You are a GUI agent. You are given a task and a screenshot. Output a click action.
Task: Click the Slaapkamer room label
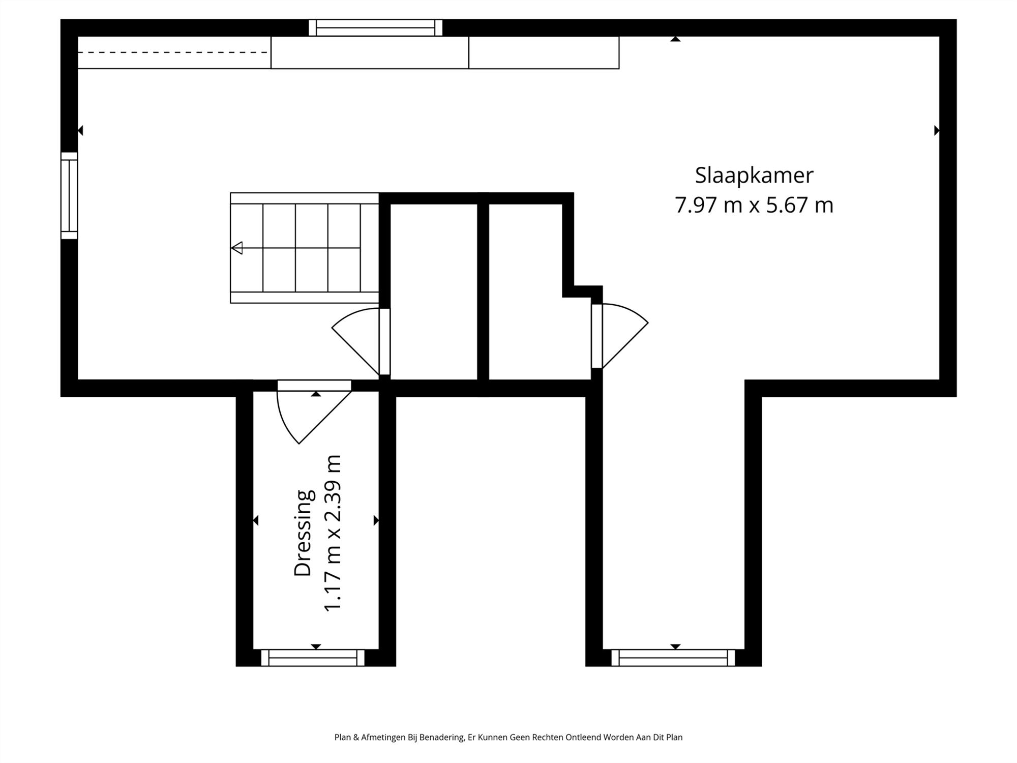click(x=754, y=175)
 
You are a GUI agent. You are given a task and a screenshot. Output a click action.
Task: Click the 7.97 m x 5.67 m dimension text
click(x=754, y=205)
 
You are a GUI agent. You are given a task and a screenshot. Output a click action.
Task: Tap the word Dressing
click(x=303, y=533)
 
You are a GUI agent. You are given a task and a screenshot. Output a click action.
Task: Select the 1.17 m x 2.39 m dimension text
click(x=333, y=533)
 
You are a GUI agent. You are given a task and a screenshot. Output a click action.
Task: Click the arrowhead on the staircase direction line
click(x=237, y=248)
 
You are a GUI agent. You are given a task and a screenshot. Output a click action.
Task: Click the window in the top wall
click(x=375, y=27)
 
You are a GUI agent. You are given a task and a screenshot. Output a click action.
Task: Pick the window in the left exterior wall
click(x=69, y=195)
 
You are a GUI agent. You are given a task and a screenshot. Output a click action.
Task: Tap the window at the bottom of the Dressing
click(x=313, y=658)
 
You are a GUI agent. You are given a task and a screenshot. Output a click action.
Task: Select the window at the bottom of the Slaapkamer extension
click(x=673, y=658)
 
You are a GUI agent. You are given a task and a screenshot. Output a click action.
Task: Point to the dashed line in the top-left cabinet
click(x=173, y=52)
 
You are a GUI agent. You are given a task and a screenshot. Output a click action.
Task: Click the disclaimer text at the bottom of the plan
click(x=508, y=737)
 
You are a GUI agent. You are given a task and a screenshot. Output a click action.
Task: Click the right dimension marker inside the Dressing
click(x=376, y=520)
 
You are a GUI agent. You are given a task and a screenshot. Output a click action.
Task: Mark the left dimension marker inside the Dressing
click(x=256, y=520)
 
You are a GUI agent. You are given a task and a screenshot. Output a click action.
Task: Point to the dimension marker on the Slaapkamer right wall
click(x=936, y=131)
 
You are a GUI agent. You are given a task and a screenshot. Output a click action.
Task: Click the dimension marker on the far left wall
click(x=80, y=131)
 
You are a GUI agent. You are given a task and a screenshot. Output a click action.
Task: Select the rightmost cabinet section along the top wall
click(x=544, y=52)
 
